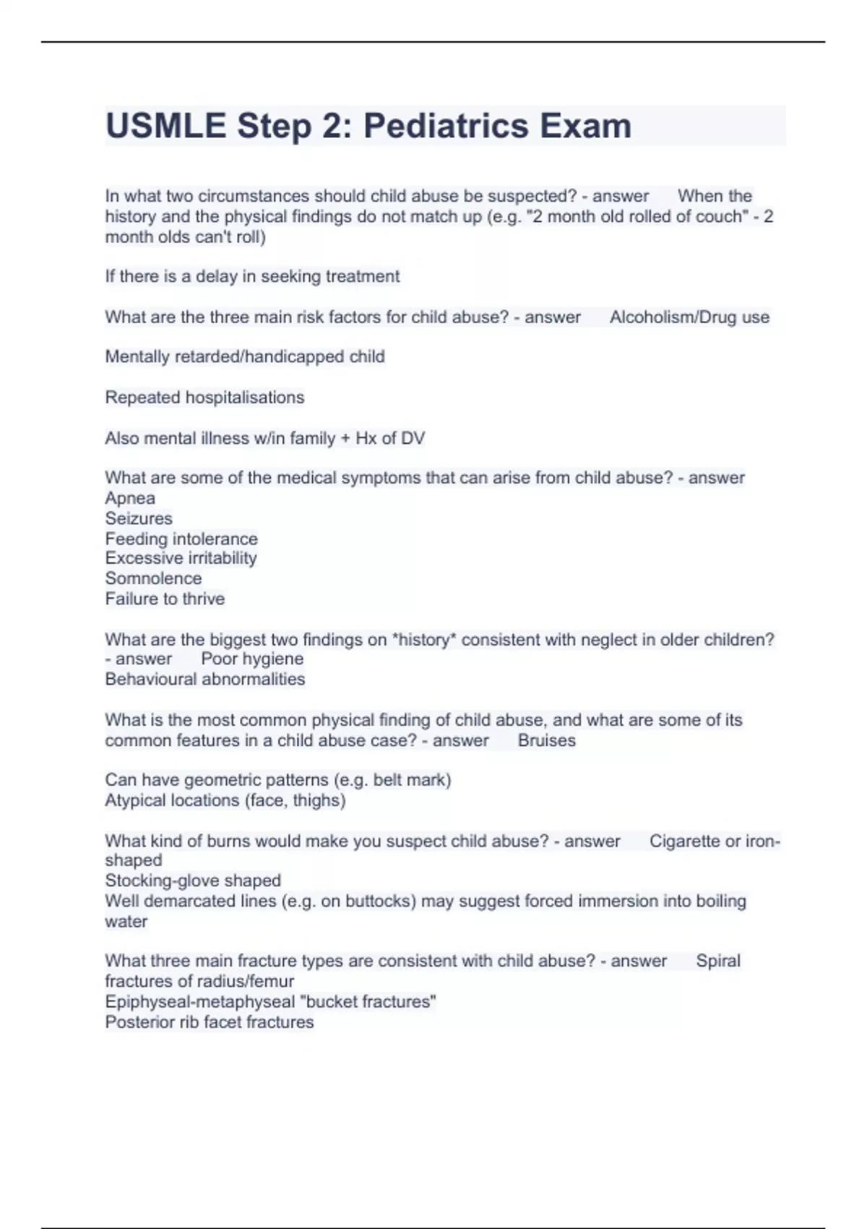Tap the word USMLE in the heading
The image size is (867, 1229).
point(165,126)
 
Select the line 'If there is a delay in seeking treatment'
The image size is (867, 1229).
point(252,276)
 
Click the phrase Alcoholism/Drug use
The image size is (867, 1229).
point(689,317)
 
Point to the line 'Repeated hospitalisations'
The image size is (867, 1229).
point(204,398)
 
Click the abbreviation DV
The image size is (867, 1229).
point(413,438)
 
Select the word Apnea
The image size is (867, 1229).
point(130,498)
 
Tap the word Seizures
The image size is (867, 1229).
point(139,518)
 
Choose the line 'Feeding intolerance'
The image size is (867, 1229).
point(181,539)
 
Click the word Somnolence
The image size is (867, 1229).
point(153,578)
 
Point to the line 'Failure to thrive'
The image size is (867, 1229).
point(165,599)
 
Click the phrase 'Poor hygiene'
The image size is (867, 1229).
point(252,659)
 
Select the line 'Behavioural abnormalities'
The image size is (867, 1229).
point(205,679)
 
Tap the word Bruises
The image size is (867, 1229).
point(547,740)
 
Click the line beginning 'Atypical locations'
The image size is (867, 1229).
point(225,800)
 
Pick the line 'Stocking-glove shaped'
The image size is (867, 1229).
point(193,881)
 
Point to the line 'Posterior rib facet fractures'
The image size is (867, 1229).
point(210,1022)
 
